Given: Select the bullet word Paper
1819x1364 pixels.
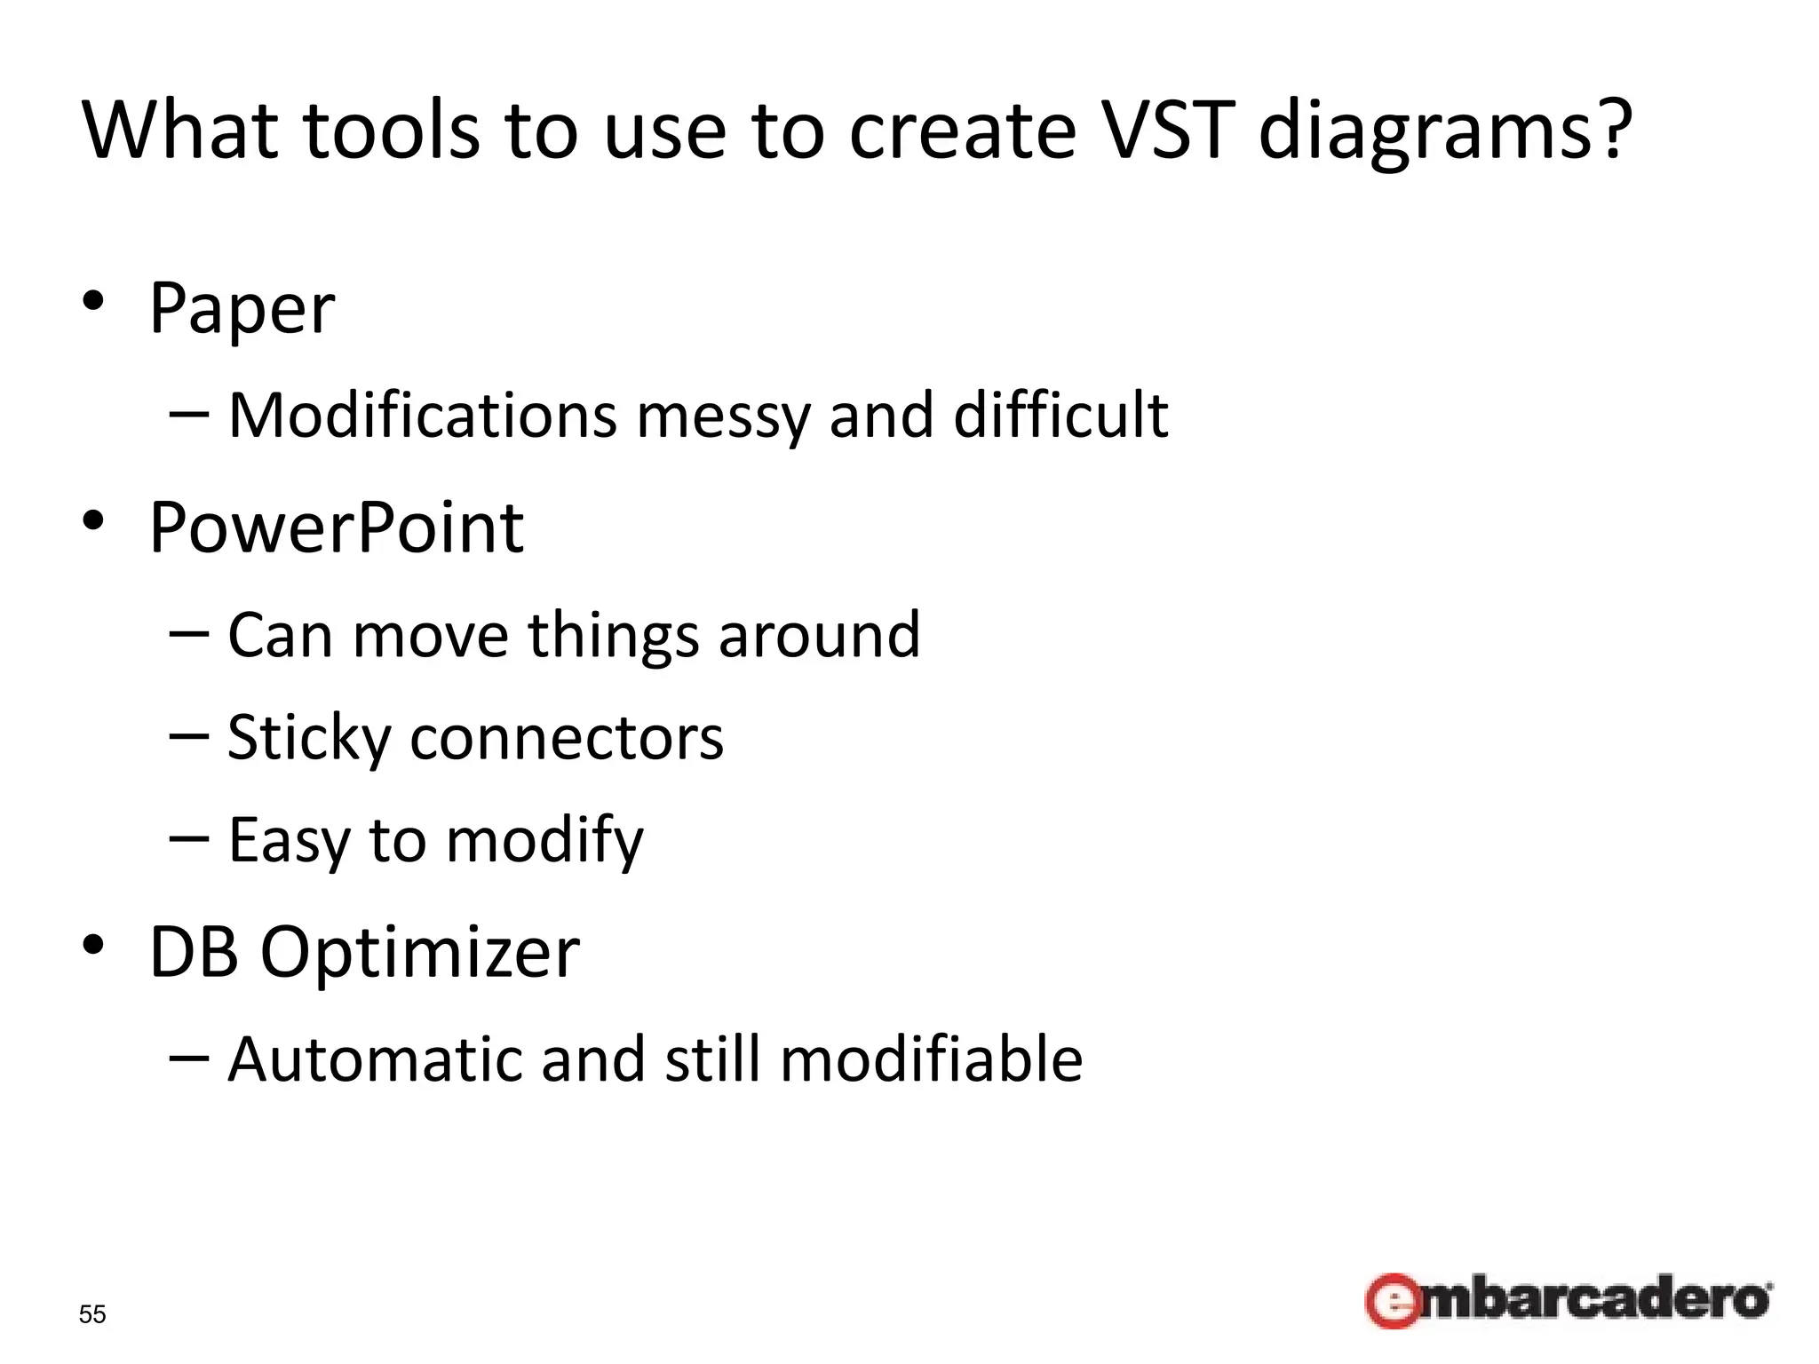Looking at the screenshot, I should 242,309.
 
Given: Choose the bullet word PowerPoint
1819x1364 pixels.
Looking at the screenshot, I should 337,527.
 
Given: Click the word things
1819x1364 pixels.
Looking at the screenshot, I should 613,636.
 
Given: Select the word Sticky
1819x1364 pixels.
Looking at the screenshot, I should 309,739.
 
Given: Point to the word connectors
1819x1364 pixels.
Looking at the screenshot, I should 567,739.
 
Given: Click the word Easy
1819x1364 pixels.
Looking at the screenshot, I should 289,840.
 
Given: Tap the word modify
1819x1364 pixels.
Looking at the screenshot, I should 544,840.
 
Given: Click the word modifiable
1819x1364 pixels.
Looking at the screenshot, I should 931,1059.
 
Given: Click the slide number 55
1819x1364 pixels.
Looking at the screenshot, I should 92,1314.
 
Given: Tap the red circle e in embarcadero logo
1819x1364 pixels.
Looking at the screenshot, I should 1392,1302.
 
